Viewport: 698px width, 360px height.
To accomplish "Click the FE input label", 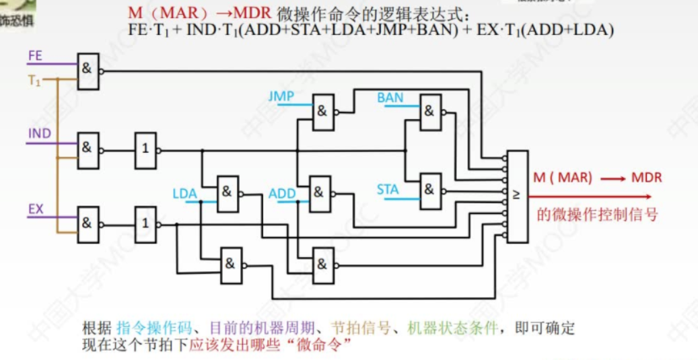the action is pyautogui.click(x=35, y=57).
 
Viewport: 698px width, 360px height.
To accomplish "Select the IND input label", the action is pyautogui.click(x=39, y=133).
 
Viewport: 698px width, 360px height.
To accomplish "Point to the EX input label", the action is pyautogui.click(x=36, y=209).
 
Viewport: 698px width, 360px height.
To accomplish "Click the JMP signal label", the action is pyautogui.click(x=281, y=97).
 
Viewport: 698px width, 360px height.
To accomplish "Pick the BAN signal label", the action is pyautogui.click(x=390, y=98).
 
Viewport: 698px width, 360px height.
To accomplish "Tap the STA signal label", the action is pyautogui.click(x=388, y=190).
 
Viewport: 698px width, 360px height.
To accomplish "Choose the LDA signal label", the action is pyautogui.click(x=184, y=194).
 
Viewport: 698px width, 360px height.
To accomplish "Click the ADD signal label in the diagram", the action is pyautogui.click(x=282, y=194).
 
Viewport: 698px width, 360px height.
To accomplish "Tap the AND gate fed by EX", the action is pyautogui.click(x=88, y=221).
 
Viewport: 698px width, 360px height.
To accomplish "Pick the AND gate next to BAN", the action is pyautogui.click(x=430, y=112).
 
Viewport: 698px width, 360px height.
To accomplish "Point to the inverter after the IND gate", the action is pyautogui.click(x=145, y=149).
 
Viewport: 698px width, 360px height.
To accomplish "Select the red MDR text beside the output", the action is pyautogui.click(x=646, y=178).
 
